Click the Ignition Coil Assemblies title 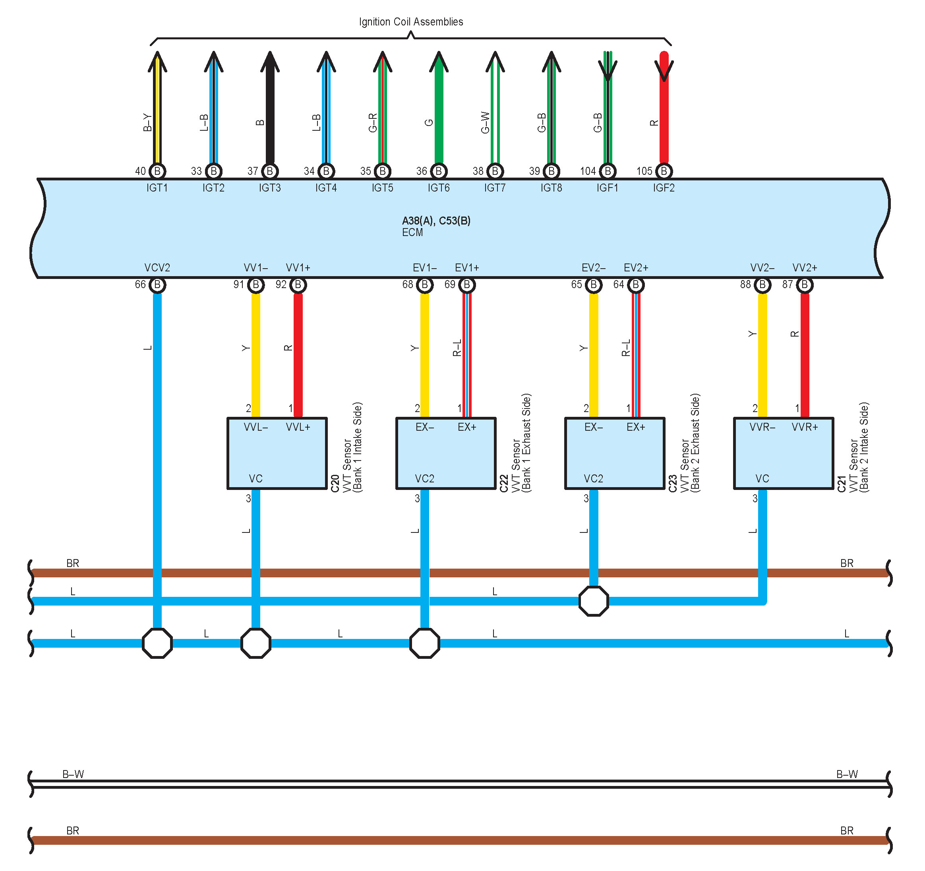[x=411, y=22]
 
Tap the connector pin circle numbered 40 [x=157, y=171]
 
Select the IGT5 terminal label [x=383, y=188]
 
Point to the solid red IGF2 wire [x=664, y=107]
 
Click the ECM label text [x=412, y=232]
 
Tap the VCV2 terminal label [x=157, y=268]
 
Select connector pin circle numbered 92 [x=298, y=285]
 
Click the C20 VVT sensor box [x=277, y=453]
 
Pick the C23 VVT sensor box [x=615, y=453]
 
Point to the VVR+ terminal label [x=805, y=427]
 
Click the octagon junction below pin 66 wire [x=157, y=643]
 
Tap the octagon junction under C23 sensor [x=594, y=601]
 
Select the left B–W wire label [x=73, y=774]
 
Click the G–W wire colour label [x=485, y=123]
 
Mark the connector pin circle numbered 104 [x=608, y=171]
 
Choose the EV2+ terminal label [x=636, y=268]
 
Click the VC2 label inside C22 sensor [x=424, y=479]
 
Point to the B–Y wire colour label [x=147, y=123]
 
